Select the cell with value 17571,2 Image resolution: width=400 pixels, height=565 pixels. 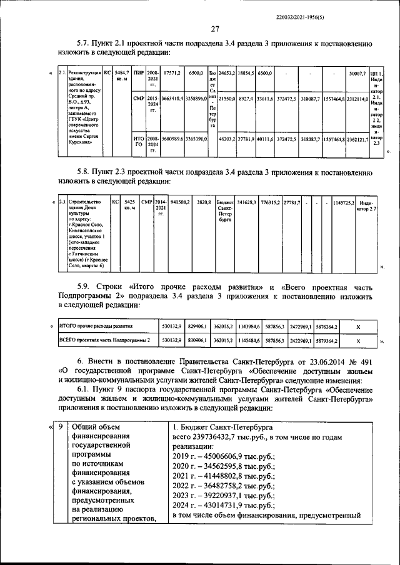[172, 74]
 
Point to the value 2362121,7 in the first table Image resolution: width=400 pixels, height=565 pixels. [357, 141]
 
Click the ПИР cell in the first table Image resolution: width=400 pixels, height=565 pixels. [139, 74]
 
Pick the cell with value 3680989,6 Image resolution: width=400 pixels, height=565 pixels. [172, 141]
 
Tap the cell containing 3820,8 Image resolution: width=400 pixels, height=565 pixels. [202, 202]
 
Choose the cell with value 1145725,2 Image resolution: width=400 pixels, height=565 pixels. [344, 202]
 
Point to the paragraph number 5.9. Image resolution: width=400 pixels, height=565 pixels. [84, 285]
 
